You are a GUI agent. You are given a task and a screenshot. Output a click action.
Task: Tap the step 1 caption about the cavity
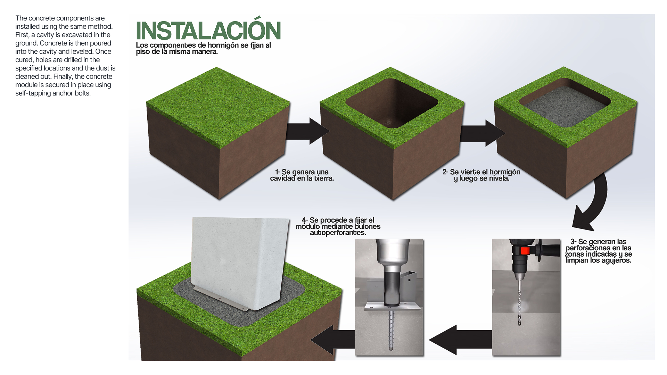pos(302,175)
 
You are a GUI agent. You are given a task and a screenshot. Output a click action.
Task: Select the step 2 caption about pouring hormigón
pos(481,175)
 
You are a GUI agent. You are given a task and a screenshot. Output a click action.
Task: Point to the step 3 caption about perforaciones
pos(598,251)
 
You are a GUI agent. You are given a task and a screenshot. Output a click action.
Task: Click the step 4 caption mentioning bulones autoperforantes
pos(338,226)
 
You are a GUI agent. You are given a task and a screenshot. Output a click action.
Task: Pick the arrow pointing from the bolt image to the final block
pos(333,340)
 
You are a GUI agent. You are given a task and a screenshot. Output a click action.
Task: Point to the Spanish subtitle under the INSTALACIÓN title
pos(203,48)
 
